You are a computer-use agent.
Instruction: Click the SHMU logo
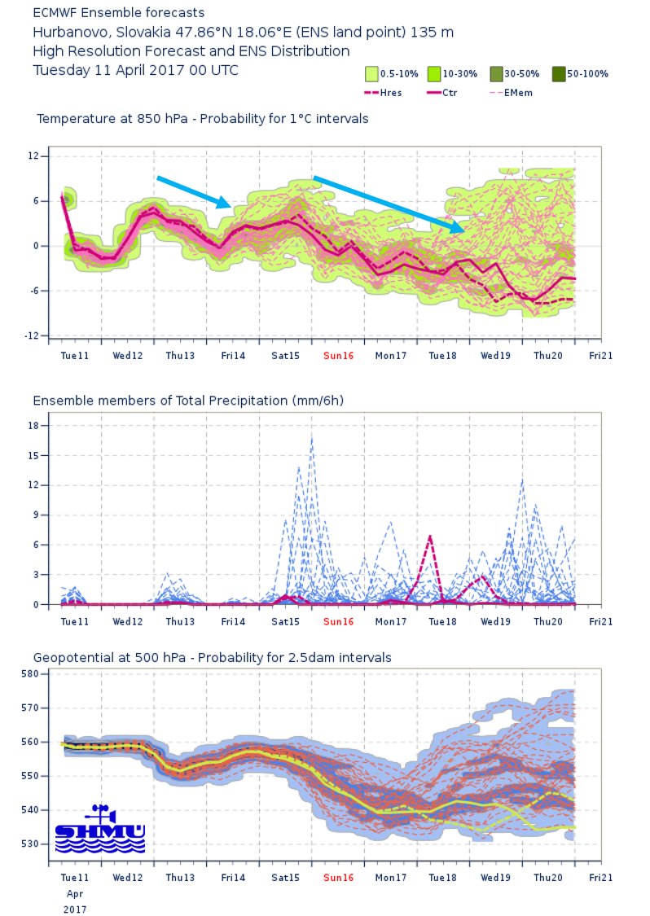[99, 828]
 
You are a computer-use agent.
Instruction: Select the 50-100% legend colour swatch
[558, 73]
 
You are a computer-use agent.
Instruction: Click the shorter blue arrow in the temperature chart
[194, 191]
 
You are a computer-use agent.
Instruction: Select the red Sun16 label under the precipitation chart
[338, 622]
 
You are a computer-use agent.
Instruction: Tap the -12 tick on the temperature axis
[32, 335]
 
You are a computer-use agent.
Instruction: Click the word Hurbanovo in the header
[68, 33]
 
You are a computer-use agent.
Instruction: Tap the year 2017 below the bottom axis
[74, 909]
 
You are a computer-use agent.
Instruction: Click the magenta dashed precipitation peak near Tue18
[429, 537]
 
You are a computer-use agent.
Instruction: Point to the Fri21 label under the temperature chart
[600, 356]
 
